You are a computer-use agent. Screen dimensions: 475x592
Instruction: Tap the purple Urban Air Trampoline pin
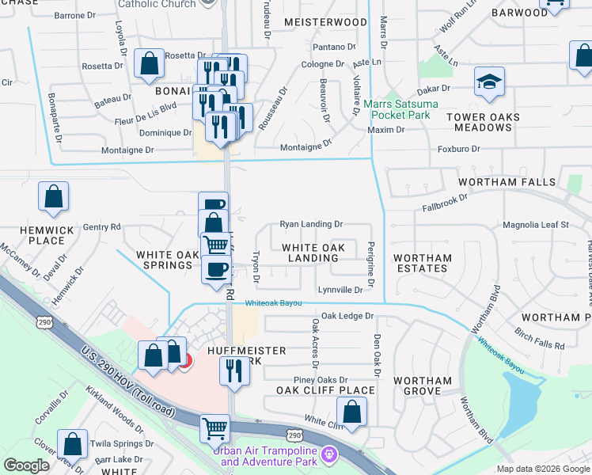point(330,454)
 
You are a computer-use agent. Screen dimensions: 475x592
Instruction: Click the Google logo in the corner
point(26,465)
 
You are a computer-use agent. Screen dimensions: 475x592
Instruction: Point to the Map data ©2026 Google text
point(542,469)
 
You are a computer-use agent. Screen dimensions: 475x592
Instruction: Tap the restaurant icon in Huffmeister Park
point(233,370)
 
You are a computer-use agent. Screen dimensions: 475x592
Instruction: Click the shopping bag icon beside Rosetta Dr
point(149,63)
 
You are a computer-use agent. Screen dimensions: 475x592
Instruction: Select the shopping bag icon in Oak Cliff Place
point(351,412)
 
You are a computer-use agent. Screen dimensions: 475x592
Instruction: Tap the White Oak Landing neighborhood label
point(313,253)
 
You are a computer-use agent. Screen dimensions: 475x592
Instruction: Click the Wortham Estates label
point(422,263)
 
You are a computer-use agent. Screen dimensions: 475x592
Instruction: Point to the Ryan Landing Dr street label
point(311,225)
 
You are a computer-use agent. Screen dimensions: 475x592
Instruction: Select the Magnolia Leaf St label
point(536,225)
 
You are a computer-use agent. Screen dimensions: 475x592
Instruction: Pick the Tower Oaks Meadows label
point(482,123)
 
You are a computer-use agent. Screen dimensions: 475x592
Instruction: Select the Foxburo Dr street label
point(459,149)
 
